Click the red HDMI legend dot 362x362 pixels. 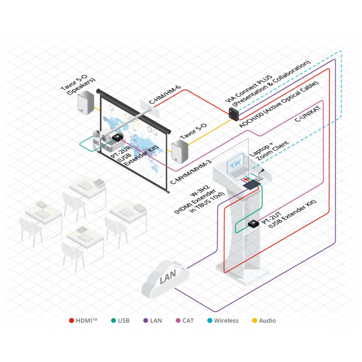[71, 321]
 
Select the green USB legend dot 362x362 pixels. [113, 321]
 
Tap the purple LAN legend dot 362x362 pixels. [146, 321]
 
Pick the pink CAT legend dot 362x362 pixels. [178, 321]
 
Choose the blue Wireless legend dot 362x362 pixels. [210, 321]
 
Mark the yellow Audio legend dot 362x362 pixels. [254, 321]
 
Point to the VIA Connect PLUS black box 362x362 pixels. [234, 113]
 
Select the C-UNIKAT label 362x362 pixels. [307, 114]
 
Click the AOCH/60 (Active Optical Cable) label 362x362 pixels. [279, 104]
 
